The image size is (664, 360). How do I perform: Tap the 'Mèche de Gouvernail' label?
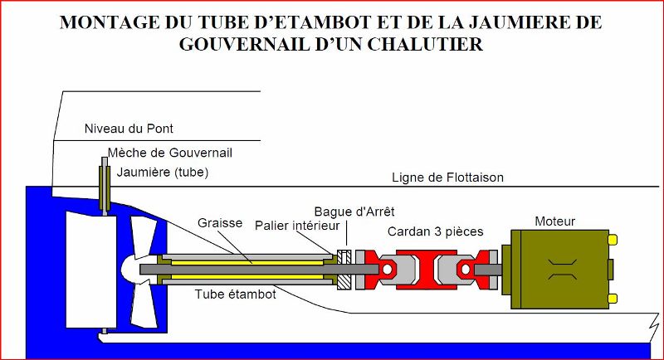pos(168,153)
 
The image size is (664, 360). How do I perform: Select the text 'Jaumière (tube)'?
pos(162,173)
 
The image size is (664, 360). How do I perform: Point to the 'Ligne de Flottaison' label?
pos(447,178)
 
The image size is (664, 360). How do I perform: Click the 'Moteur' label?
pos(555,221)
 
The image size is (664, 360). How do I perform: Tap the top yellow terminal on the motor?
pos(613,240)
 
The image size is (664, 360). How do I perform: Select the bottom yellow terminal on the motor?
pos(613,299)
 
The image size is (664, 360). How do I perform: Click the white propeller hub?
pos(133,269)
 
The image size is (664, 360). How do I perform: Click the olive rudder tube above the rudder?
pos(105,187)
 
